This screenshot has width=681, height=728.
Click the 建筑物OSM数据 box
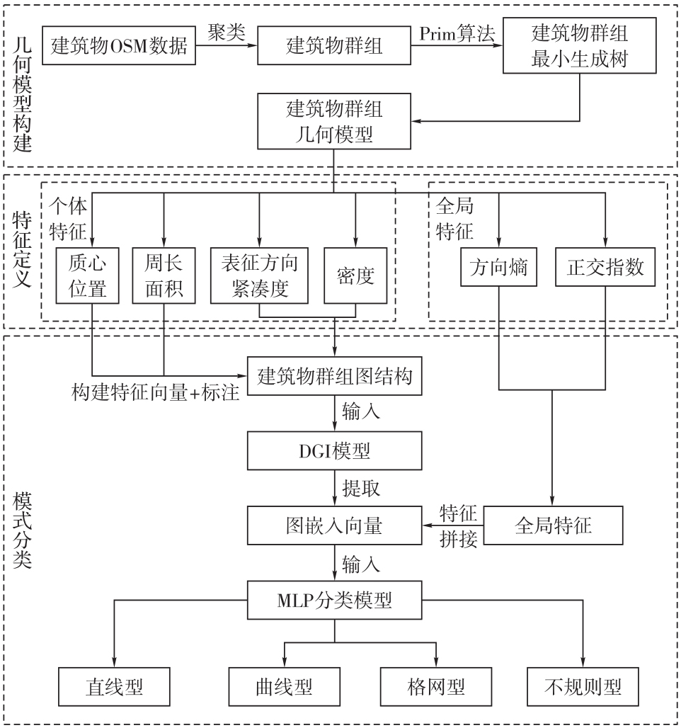[x=119, y=47]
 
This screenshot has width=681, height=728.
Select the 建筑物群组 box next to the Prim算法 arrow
[x=334, y=47]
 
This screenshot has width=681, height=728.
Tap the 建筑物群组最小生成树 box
[x=580, y=47]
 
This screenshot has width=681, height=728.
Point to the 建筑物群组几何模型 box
[x=335, y=122]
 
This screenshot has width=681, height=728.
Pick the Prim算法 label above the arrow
[x=457, y=33]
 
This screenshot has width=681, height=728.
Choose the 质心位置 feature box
[x=86, y=276]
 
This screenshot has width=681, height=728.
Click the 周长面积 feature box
[x=164, y=276]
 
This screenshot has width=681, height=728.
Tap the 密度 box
[x=355, y=276]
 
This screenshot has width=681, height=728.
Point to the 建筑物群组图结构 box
[x=334, y=376]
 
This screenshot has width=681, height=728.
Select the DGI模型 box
[x=334, y=450]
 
